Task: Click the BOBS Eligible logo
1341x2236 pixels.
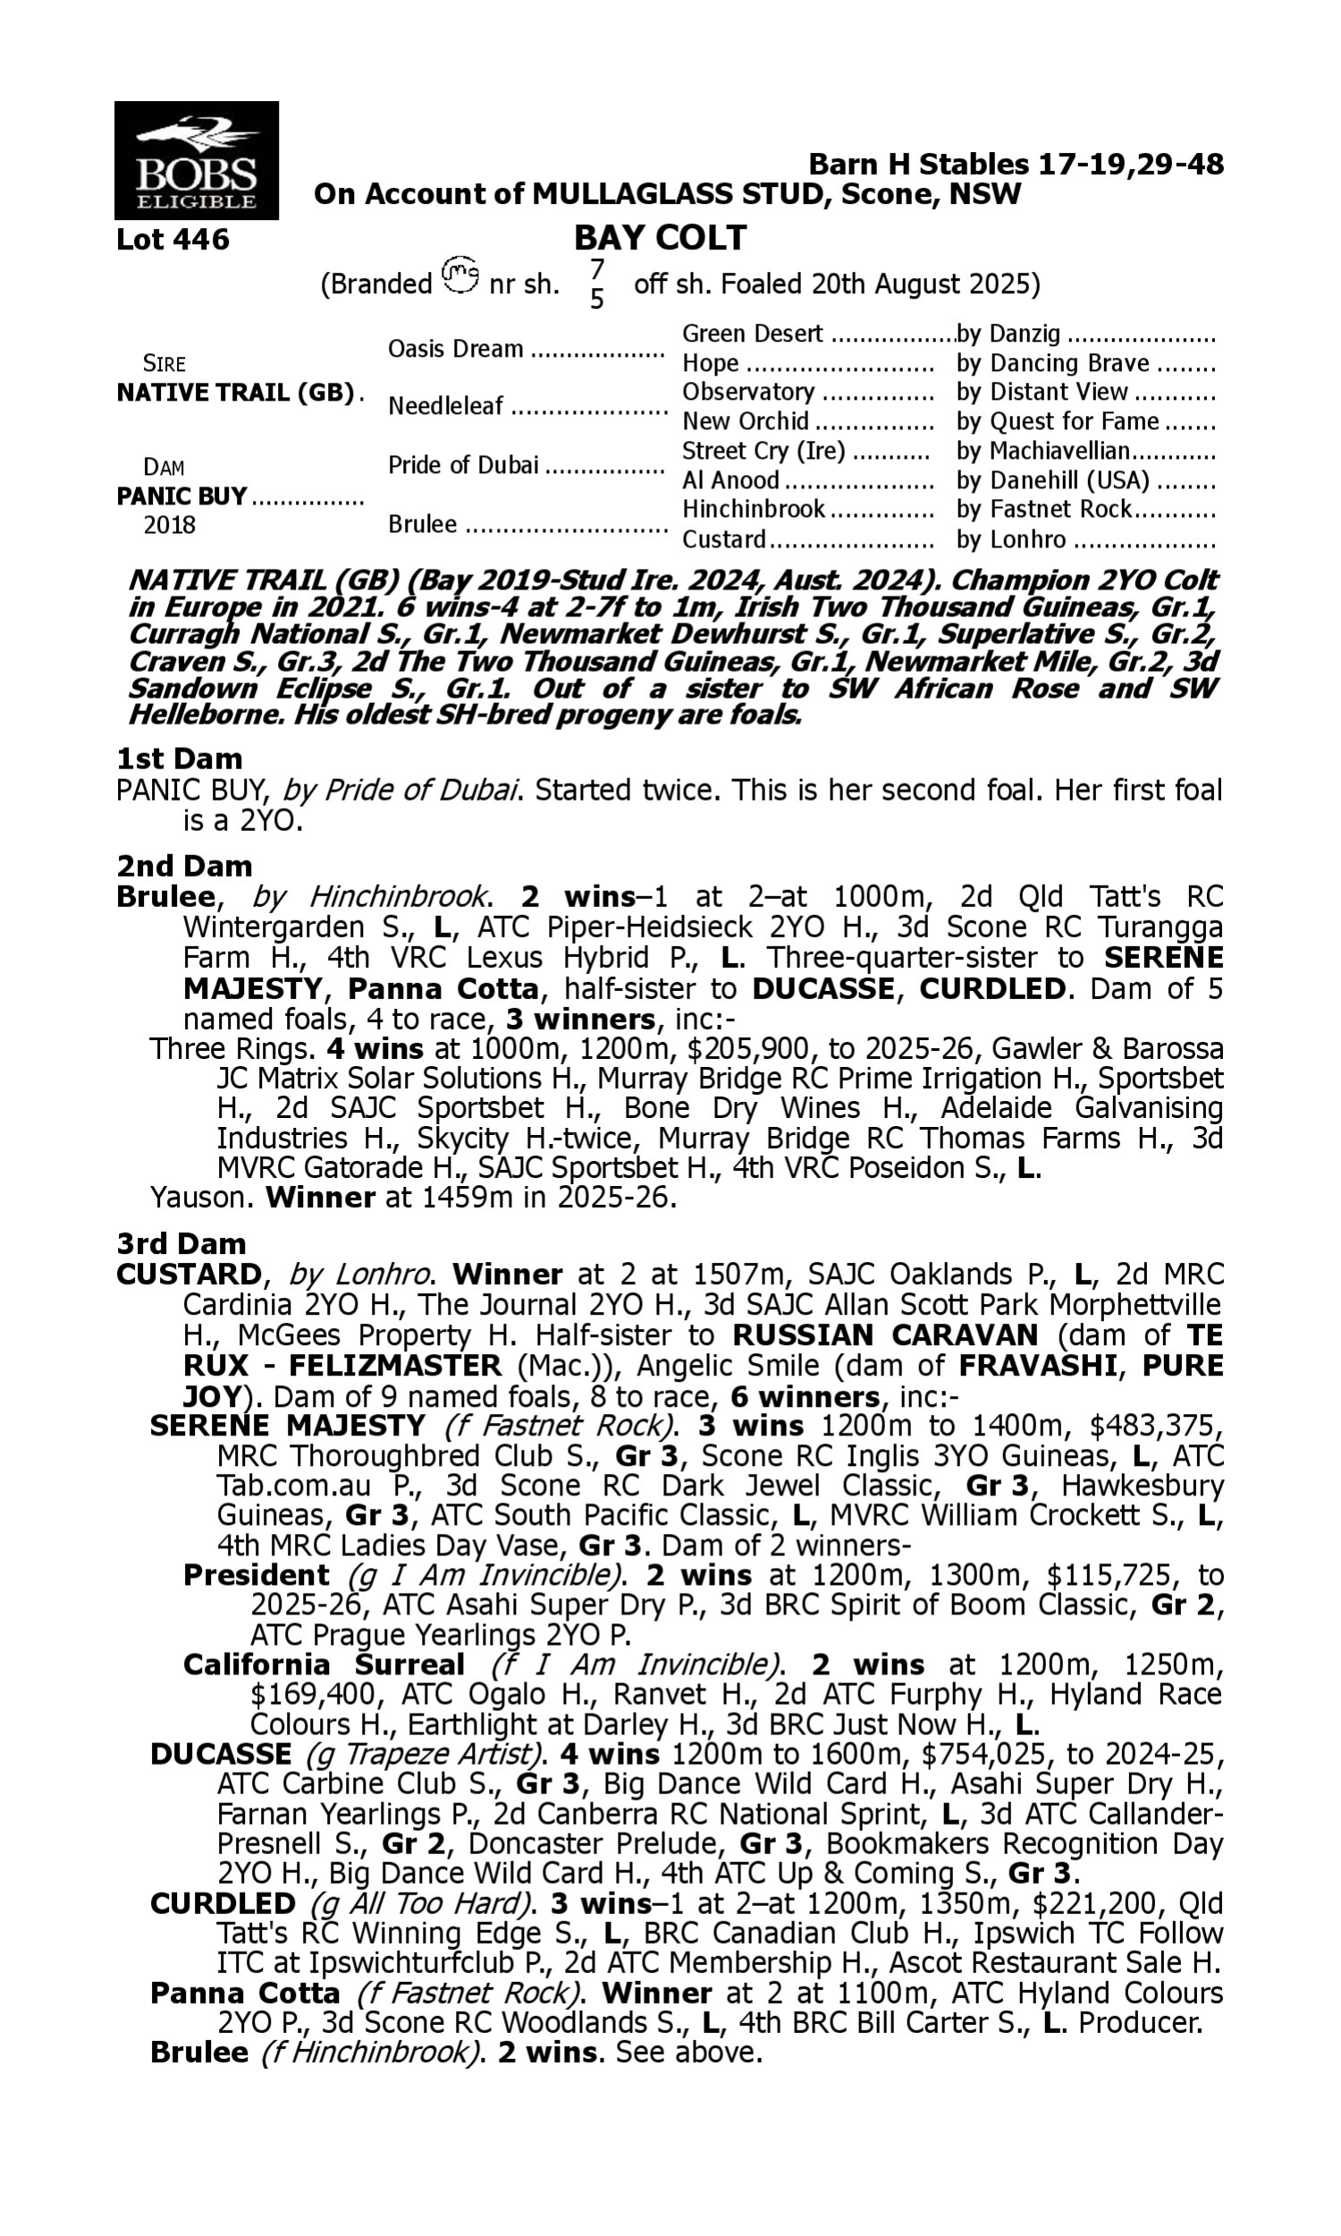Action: pyautogui.click(x=196, y=161)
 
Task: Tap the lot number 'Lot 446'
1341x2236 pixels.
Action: pyautogui.click(x=173, y=240)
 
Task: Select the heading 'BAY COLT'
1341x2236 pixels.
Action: pyautogui.click(x=660, y=238)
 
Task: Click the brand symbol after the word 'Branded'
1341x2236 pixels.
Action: pyautogui.click(x=460, y=275)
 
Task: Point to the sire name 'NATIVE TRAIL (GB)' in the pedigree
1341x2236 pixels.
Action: pyautogui.click(x=235, y=394)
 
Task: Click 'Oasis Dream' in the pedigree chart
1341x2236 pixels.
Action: pyautogui.click(x=455, y=349)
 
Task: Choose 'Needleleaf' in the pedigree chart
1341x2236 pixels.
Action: pyautogui.click(x=444, y=407)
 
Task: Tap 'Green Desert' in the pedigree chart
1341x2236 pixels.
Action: pyautogui.click(x=752, y=335)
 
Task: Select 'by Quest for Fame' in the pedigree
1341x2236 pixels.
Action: pyautogui.click(x=1058, y=421)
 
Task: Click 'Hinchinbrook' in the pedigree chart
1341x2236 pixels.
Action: pyautogui.click(x=754, y=509)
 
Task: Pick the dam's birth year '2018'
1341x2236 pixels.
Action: pyautogui.click(x=169, y=525)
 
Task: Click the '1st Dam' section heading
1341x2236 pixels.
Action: pyautogui.click(x=180, y=758)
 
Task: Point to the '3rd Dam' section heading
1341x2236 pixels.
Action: pyautogui.click(x=181, y=1243)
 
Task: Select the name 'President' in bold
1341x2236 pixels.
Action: pyautogui.click(x=256, y=1575)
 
